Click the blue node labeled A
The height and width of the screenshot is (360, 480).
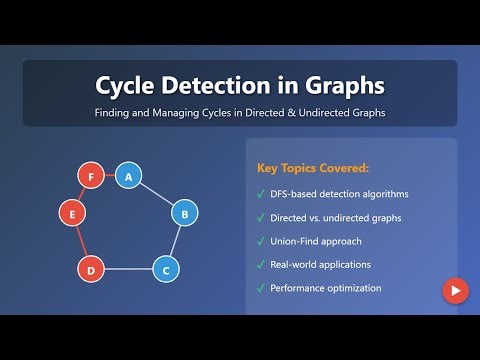point(126,176)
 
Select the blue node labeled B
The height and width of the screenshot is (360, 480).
point(183,212)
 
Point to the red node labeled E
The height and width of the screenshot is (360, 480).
point(69,212)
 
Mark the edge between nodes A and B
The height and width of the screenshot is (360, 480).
point(155,194)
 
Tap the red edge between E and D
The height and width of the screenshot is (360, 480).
point(80,240)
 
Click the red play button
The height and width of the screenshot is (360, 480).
point(455,291)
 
